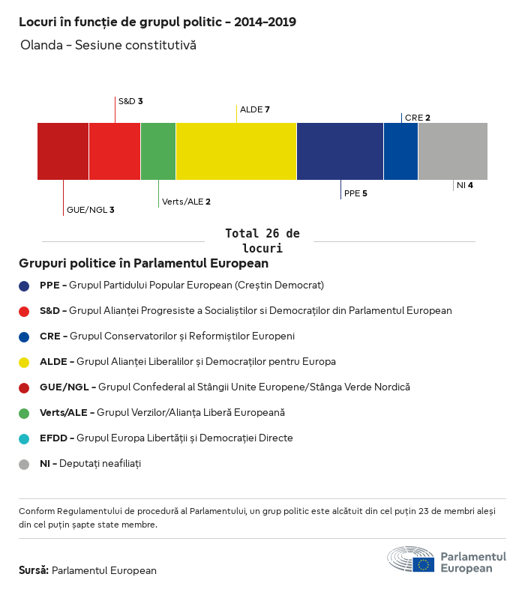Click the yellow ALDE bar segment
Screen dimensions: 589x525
pyautogui.click(x=236, y=151)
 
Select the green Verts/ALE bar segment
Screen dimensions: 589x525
pyautogui.click(x=158, y=151)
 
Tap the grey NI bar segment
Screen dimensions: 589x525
pyautogui.click(x=453, y=151)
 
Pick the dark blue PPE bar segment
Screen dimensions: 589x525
pyautogui.click(x=340, y=151)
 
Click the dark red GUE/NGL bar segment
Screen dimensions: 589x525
pyautogui.click(x=63, y=151)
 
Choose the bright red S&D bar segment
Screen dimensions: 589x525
pyautogui.click(x=115, y=151)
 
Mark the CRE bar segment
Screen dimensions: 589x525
pyautogui.click(x=400, y=151)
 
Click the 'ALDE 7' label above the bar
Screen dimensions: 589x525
pyautogui.click(x=254, y=109)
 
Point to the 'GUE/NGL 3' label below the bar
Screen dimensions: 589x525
pyautogui.click(x=90, y=210)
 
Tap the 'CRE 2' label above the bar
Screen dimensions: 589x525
pyautogui.click(x=417, y=118)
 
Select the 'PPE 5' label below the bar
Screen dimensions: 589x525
pyautogui.click(x=355, y=193)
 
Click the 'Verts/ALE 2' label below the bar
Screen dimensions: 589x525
pyautogui.click(x=186, y=202)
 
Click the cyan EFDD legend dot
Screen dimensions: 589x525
pyautogui.click(x=24, y=438)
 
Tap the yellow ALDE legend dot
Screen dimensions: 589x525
pyautogui.click(x=24, y=362)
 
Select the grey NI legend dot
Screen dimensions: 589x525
pyautogui.click(x=24, y=464)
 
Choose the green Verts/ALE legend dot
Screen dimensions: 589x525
pyautogui.click(x=24, y=413)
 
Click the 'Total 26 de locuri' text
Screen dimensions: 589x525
pyautogui.click(x=262, y=241)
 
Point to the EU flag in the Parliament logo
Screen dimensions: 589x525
pyautogui.click(x=424, y=564)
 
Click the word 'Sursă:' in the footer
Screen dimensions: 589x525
pyautogui.click(x=34, y=570)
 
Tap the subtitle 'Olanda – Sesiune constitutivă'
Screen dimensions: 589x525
pyautogui.click(x=108, y=45)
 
